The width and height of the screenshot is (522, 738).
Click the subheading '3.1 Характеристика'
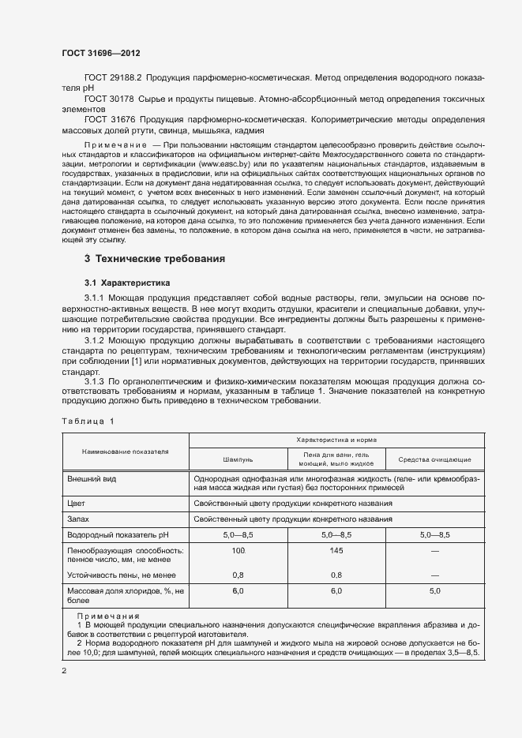(127, 282)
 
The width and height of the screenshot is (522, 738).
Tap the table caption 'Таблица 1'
(88, 421)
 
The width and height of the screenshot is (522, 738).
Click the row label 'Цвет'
(77, 502)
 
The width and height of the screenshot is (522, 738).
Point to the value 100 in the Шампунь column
(238, 549)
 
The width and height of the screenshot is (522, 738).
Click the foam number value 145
(336, 549)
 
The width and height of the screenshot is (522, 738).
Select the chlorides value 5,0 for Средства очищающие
(434, 590)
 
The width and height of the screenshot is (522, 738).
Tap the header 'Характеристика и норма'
(336, 439)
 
